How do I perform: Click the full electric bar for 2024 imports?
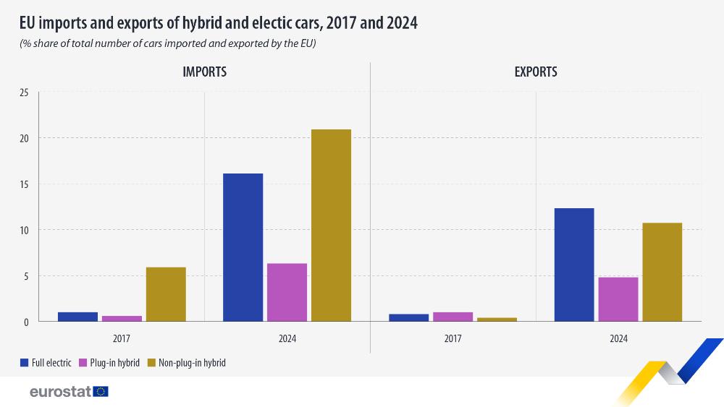point(243,247)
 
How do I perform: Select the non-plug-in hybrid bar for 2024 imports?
point(331,225)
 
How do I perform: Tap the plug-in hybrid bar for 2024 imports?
point(287,292)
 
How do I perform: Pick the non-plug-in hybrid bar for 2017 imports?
point(166,294)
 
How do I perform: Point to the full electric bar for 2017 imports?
point(77,317)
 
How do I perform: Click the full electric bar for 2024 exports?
point(573,265)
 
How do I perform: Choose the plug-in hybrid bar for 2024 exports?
point(618,299)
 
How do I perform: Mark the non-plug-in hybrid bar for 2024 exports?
point(662,272)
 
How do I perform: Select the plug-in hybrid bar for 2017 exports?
point(452,317)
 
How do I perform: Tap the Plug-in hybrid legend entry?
point(113,363)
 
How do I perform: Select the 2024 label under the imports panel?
point(287,338)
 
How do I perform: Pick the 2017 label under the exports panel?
point(452,338)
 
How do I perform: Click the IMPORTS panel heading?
point(204,72)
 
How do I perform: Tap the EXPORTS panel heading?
point(536,72)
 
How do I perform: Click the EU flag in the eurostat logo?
point(101,392)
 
